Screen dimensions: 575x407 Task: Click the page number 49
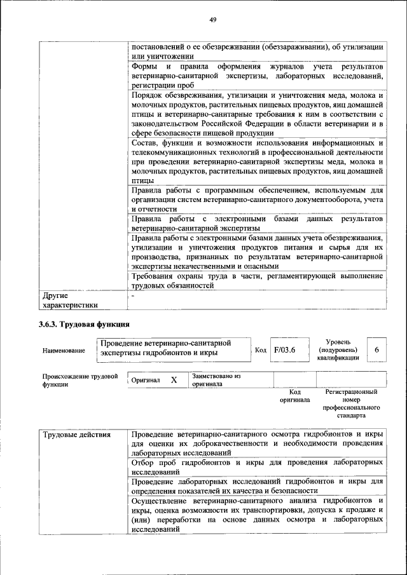point(213,20)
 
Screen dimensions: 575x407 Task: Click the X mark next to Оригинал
point(174,380)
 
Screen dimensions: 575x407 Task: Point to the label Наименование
point(64,351)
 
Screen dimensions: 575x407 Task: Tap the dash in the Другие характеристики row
point(134,295)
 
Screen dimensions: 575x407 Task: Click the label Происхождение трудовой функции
point(80,379)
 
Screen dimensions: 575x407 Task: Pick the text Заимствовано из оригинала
point(216,380)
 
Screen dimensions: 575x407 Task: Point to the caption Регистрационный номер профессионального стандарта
point(351,403)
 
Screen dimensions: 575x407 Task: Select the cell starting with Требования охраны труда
point(257,281)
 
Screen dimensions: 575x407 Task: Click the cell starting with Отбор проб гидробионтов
point(257,467)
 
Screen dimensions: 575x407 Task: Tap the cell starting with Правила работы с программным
point(257,199)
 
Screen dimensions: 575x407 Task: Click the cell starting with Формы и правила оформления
point(257,75)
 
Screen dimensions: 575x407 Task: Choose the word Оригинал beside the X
point(146,380)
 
